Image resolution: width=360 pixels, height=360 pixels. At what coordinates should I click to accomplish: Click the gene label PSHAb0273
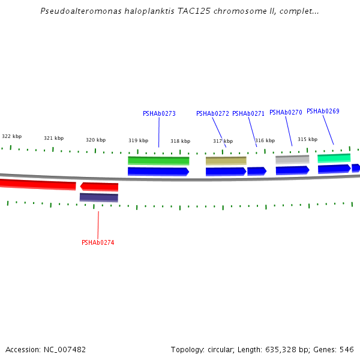tap(159, 113)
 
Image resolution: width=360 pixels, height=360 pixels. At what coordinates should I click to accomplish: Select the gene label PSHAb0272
tap(212, 113)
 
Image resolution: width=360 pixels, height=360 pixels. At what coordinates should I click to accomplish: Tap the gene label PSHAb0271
tap(248, 113)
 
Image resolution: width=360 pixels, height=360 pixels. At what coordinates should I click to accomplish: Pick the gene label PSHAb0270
tap(286, 112)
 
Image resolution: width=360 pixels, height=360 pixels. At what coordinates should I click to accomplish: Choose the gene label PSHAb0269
tap(323, 111)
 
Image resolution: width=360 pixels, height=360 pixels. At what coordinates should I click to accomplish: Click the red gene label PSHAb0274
tap(98, 242)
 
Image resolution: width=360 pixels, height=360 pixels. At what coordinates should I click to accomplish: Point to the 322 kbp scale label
tap(11, 136)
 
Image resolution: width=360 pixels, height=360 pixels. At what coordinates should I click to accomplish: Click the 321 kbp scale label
tap(53, 138)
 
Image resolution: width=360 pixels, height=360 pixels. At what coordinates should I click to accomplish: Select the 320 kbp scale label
tap(95, 140)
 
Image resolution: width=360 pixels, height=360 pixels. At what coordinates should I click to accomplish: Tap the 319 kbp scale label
tap(138, 140)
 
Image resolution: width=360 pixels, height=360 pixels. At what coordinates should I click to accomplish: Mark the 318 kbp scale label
tap(180, 141)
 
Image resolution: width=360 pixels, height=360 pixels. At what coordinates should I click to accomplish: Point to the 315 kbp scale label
tap(307, 139)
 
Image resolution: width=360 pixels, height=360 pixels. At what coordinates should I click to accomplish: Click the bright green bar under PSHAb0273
tap(158, 161)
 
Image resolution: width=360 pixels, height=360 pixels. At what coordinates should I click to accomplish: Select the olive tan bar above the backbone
tap(226, 161)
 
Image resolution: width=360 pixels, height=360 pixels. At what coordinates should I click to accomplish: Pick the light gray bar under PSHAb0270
tap(292, 160)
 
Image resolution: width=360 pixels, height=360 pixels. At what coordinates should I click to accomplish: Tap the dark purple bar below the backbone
tap(99, 197)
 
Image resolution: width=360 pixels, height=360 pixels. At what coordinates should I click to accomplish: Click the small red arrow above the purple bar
tap(99, 187)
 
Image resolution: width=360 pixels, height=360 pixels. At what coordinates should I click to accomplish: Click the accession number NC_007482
tap(64, 349)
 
